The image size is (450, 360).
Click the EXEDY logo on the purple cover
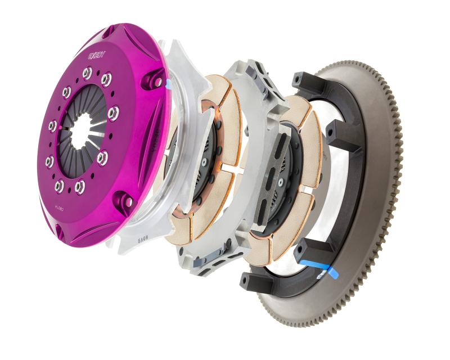pos(97,55)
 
